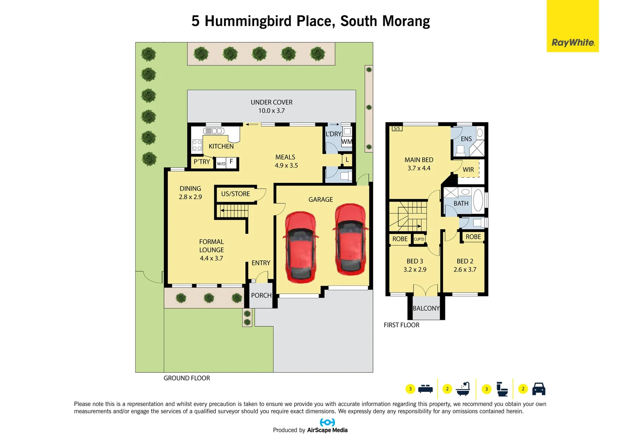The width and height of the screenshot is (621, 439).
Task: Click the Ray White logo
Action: [573, 42]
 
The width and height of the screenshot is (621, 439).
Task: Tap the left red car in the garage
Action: [300, 247]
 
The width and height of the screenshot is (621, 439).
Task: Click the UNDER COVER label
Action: [271, 102]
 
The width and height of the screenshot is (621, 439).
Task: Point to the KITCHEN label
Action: [221, 146]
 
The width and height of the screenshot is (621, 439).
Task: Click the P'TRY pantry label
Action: [202, 162]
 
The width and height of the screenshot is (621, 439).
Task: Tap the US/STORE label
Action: [235, 194]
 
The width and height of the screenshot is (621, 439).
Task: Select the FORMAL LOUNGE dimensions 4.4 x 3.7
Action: [211, 259]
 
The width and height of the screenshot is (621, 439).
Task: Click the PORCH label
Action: [261, 296]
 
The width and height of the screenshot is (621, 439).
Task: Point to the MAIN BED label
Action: [419, 160]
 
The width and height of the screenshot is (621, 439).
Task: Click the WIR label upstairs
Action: [468, 170]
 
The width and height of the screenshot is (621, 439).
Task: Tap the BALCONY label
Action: [426, 309]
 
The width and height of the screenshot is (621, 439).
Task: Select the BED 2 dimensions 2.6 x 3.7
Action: [465, 270]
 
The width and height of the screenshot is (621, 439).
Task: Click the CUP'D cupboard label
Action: [419, 239]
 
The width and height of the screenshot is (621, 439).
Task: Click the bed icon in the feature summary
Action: [426, 389]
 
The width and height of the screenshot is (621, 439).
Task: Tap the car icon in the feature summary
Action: [538, 389]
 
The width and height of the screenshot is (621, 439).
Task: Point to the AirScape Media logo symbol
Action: [327, 422]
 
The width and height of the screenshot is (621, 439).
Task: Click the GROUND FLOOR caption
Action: [187, 378]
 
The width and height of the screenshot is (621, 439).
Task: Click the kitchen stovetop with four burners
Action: [197, 145]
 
